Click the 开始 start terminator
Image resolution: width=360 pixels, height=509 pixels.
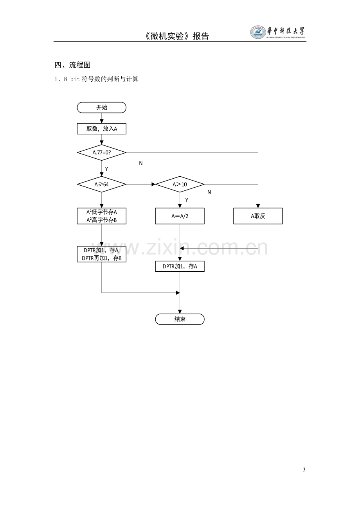[x=101, y=108]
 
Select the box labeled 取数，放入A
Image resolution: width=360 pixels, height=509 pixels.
[x=101, y=129]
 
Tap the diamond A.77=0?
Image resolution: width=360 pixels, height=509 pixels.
[x=101, y=152]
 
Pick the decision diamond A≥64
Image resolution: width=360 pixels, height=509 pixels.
[x=101, y=184]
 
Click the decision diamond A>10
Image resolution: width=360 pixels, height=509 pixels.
[x=180, y=184]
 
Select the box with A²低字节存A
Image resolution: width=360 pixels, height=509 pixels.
[x=101, y=216]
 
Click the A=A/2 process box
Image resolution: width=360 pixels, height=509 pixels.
[x=180, y=216]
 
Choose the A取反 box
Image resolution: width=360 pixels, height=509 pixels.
[x=258, y=216]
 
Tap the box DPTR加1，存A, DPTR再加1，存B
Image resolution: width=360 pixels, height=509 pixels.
[x=101, y=254]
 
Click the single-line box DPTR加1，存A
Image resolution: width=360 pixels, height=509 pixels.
[x=180, y=266]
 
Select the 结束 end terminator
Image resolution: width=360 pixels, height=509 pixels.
[x=180, y=319]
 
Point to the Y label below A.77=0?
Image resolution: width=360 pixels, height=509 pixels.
[x=106, y=169]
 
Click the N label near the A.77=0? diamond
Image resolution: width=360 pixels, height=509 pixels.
[x=141, y=163]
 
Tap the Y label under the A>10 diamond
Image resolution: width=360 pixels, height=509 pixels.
[x=187, y=200]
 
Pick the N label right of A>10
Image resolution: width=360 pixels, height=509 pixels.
[x=209, y=192]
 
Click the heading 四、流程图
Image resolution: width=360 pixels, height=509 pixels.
[x=72, y=65]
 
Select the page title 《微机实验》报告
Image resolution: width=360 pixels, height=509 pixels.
[x=176, y=36]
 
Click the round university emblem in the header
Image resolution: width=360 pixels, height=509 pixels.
[x=258, y=32]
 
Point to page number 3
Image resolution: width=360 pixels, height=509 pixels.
[x=304, y=470]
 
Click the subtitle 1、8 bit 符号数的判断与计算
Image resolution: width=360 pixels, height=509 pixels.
[x=96, y=79]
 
